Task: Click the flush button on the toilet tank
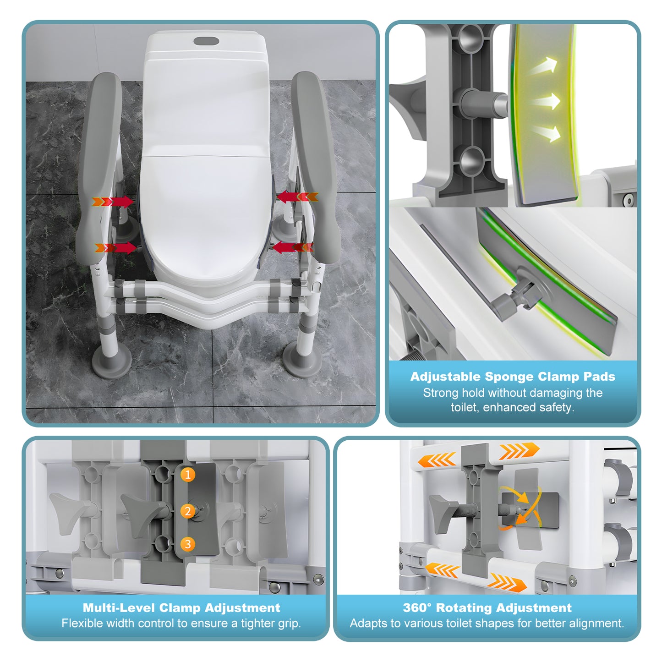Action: click(x=206, y=41)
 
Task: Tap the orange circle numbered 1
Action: click(x=187, y=475)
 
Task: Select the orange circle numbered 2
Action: click(x=187, y=511)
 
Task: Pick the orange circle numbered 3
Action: click(x=187, y=544)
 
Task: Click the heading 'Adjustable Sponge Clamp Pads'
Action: click(x=512, y=377)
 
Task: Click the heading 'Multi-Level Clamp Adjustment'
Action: click(x=181, y=608)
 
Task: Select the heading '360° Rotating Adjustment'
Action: click(x=487, y=608)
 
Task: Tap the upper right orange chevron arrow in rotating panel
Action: click(x=519, y=451)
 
